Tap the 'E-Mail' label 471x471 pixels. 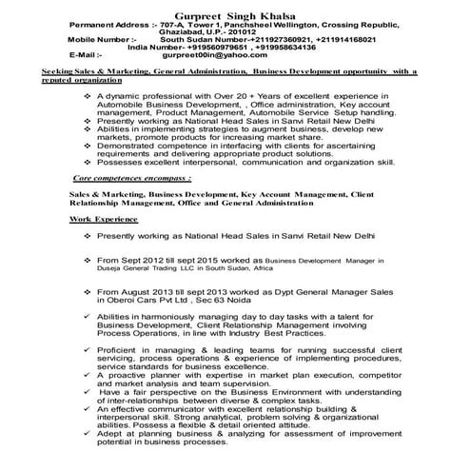click(84, 54)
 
